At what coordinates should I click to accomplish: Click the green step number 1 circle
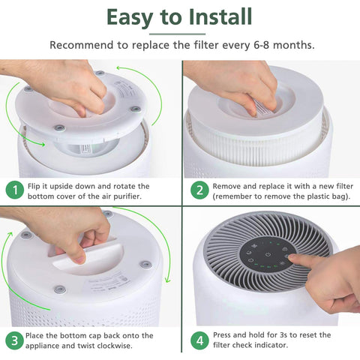tap(13, 190)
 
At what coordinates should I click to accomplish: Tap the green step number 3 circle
tap(13, 340)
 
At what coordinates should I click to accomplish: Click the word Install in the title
tap(218, 16)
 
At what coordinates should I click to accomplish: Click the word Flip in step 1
tap(35, 185)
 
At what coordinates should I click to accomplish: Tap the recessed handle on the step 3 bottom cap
tap(75, 250)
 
